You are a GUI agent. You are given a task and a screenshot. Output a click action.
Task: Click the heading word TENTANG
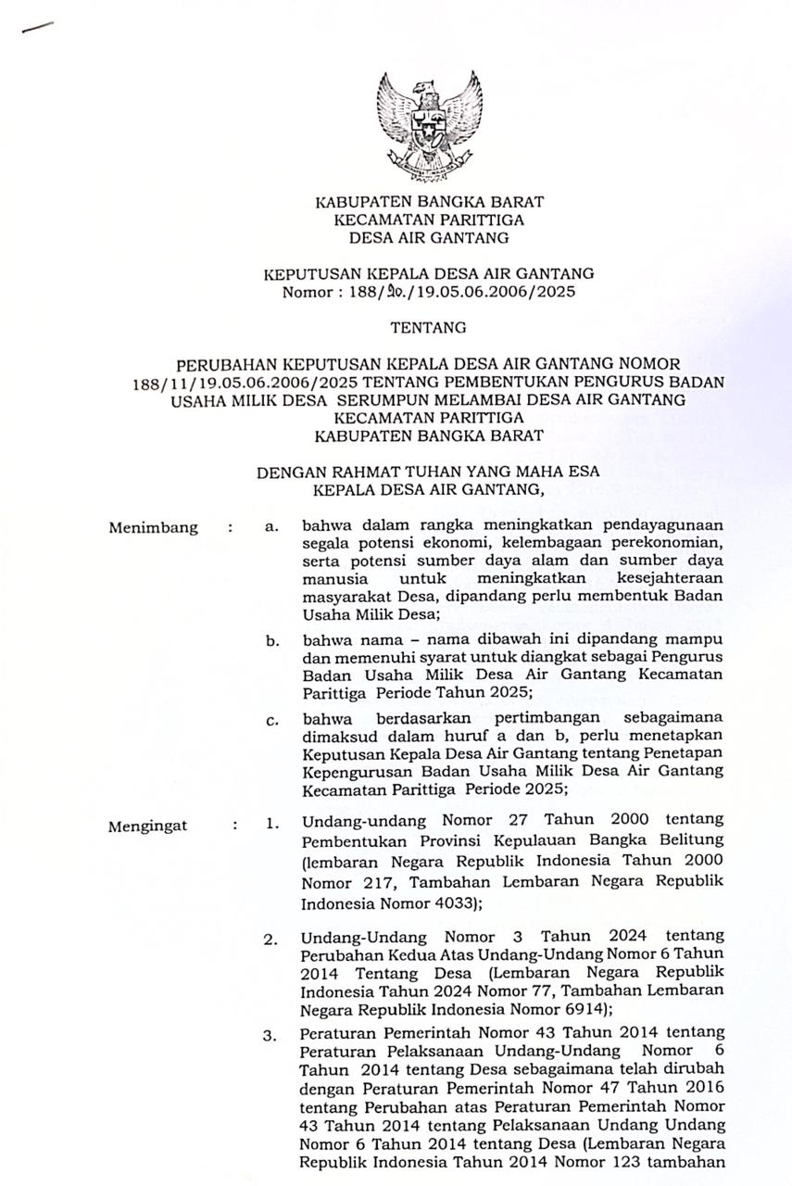coord(428,327)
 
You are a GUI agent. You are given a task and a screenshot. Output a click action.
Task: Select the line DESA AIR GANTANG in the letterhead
coord(428,238)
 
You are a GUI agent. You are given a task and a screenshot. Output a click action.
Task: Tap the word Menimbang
coord(153,528)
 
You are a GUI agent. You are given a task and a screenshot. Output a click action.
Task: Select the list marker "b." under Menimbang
coord(271,640)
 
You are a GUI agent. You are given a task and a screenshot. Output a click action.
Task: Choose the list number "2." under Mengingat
coord(270,940)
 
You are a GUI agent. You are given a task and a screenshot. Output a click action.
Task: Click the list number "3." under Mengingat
coord(270,1037)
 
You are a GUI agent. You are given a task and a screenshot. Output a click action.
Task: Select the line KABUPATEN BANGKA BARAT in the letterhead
coord(428,202)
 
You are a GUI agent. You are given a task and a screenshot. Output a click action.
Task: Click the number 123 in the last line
coord(619,1159)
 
